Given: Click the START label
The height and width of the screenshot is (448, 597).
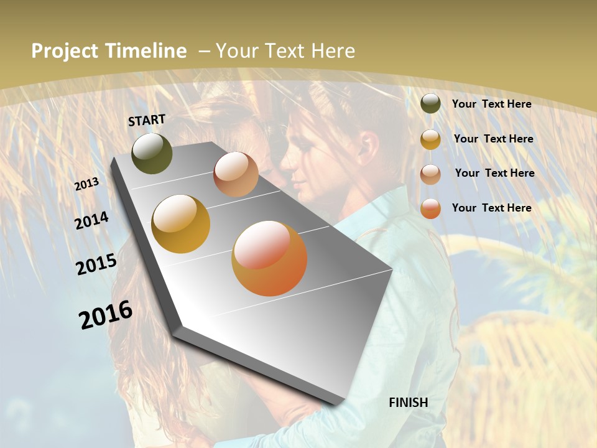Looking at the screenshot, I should tap(147, 120).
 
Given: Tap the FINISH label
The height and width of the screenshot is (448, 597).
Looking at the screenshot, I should tap(409, 403).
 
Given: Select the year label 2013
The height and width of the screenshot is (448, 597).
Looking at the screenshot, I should tap(86, 184).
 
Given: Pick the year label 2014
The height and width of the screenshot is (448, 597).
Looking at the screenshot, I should tap(92, 220).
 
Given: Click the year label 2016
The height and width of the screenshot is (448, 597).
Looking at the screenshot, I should tap(106, 315).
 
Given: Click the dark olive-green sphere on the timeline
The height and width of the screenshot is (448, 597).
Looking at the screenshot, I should tap(152, 153).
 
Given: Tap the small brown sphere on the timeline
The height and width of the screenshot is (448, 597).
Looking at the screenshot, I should tap(236, 174).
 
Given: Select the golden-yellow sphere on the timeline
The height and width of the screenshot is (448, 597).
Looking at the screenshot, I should tap(181, 223).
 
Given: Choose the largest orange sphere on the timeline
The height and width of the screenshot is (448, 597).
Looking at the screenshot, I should tap(269, 258).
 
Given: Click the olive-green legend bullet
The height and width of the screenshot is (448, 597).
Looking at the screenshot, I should tap(430, 104).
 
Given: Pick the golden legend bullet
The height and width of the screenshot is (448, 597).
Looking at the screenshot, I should tap(430, 139).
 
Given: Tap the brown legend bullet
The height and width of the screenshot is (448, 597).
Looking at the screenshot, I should tap(430, 174).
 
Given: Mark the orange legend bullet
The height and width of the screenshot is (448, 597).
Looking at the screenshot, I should tap(430, 208).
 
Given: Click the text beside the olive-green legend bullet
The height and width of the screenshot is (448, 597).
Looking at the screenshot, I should tap(491, 105).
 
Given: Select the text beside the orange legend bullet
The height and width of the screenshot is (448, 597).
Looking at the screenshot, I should tap(491, 208).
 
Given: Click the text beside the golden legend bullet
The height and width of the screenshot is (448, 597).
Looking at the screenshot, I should tap(493, 139).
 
